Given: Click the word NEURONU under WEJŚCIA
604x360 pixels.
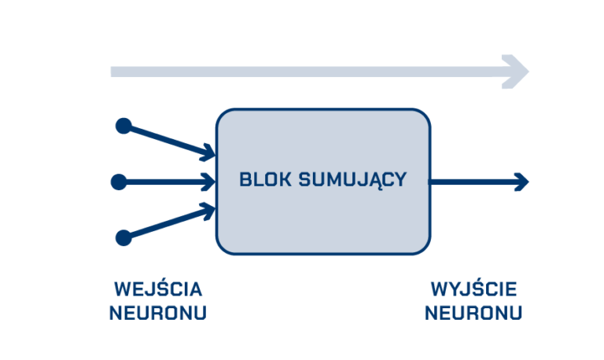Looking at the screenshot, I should click(x=157, y=313).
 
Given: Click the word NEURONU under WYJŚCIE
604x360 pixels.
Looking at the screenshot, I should click(x=473, y=313).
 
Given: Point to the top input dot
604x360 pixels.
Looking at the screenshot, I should click(x=123, y=126).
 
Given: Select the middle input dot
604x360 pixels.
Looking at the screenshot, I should click(x=119, y=182).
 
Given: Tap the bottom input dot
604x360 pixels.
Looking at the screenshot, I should click(x=123, y=237).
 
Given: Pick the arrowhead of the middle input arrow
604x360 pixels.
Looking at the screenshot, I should click(x=209, y=182).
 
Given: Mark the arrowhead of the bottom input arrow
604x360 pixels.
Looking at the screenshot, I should click(x=208, y=210).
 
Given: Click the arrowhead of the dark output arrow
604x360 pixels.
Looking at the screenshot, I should click(x=521, y=182).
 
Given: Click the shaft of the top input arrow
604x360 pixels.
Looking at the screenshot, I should click(x=165, y=138).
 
